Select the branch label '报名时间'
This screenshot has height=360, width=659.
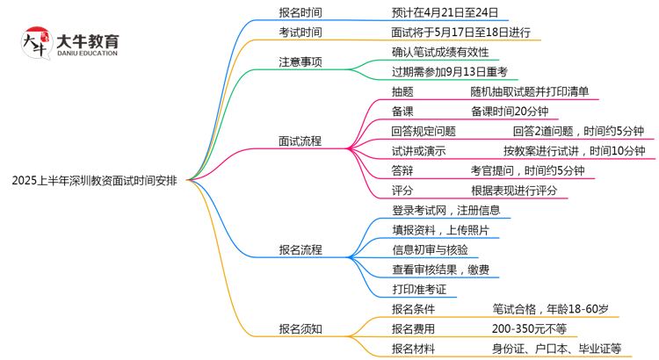(300, 12)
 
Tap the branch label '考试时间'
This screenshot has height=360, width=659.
(300, 32)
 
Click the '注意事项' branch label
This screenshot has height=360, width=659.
(300, 62)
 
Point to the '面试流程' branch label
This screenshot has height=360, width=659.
(300, 140)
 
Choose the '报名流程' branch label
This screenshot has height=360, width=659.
(300, 248)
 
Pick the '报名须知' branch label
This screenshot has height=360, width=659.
(300, 328)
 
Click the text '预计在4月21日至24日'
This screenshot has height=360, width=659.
(445, 12)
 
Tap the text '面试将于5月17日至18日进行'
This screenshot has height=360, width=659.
(460, 32)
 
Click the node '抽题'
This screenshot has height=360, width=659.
(403, 91)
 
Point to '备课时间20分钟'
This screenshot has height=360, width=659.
(510, 111)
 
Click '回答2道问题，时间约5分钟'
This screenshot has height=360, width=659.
(578, 131)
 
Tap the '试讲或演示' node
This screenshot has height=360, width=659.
(418, 150)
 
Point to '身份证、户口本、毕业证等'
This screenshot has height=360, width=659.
(556, 349)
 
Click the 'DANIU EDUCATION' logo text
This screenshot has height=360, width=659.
(86, 53)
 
